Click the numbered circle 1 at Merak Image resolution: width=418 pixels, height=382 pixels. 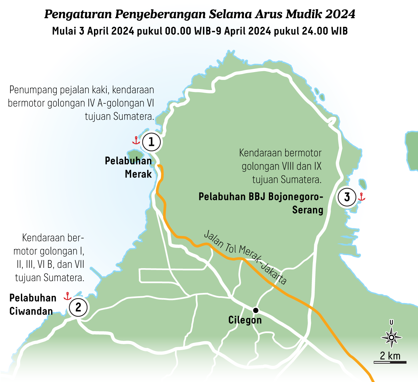tap(151, 142)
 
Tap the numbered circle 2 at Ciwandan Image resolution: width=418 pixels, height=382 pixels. tap(78, 307)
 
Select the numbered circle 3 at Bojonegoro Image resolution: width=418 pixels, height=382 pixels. tap(347, 197)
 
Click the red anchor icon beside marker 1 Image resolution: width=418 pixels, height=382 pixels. tap(136, 140)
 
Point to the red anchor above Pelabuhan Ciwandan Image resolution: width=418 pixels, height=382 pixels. tap(68, 296)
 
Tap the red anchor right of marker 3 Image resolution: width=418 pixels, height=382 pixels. tap(361, 196)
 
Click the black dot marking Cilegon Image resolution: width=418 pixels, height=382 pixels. tap(256, 310)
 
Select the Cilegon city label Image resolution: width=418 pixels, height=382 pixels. tap(245, 320)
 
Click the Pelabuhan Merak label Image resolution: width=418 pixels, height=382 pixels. tap(129, 167)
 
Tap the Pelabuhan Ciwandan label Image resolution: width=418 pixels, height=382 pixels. tap(33, 304)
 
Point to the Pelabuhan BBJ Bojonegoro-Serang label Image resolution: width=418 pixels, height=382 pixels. tap(261, 203)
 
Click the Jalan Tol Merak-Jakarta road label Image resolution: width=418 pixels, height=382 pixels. tap(245, 257)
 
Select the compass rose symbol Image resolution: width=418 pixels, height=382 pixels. tap(391, 337)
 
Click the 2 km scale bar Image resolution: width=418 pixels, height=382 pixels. tap(390, 362)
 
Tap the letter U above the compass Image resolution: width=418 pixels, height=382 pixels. tap(391, 323)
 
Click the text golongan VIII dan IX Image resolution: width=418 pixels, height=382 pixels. tap(281, 166)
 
